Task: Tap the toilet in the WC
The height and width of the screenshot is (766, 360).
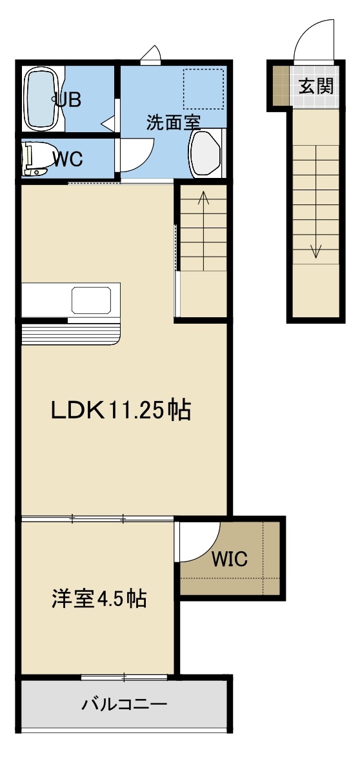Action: tap(37, 158)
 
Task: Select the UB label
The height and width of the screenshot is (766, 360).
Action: tap(68, 100)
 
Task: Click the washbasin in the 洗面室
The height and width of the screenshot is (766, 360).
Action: tap(205, 153)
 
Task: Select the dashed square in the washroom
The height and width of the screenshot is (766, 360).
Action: tap(203, 89)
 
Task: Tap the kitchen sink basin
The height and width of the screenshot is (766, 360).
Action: tap(92, 300)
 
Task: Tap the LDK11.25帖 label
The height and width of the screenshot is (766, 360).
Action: tap(121, 411)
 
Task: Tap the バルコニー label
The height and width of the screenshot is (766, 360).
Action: tap(125, 704)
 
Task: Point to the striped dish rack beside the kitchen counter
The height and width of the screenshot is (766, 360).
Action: tap(71, 334)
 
